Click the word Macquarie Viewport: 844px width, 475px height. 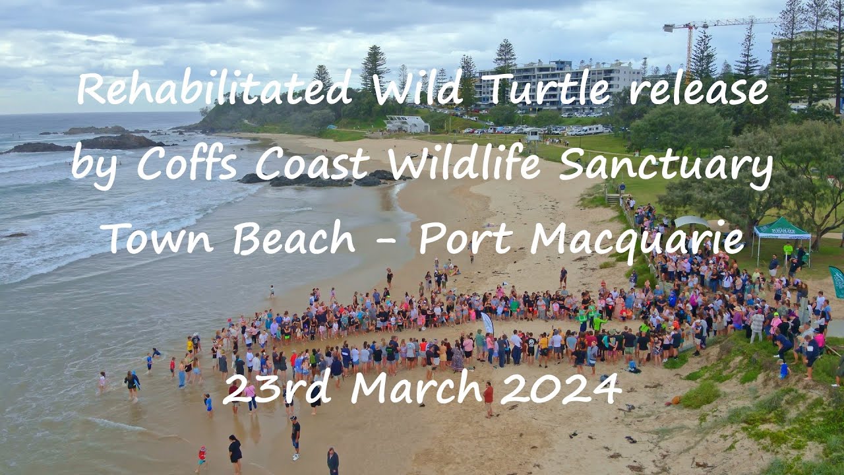(636, 239)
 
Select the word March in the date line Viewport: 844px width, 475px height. (421, 389)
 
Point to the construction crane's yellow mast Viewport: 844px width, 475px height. (690, 49)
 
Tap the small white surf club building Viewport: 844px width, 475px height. (406, 124)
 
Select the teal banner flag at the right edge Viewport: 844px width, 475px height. (837, 281)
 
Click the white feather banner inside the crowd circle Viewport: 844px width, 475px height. (487, 323)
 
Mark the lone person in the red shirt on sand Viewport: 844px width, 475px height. (489, 398)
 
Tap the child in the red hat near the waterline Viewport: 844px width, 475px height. (202, 456)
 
